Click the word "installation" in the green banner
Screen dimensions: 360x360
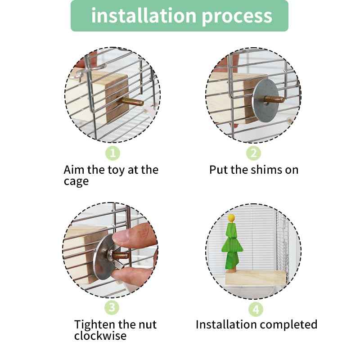tap(144, 15)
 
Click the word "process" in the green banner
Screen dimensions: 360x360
tap(237, 17)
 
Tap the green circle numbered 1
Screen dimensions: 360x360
tap(112, 153)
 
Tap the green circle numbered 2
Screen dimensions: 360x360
tap(253, 153)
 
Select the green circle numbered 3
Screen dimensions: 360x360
tap(112, 307)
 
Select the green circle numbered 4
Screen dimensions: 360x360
tap(256, 309)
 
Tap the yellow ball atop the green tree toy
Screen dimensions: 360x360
tap(231, 217)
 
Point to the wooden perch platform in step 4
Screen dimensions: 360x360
tap(255, 277)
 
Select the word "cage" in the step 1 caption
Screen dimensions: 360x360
tap(76, 182)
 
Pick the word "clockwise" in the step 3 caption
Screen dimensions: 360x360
tap(100, 336)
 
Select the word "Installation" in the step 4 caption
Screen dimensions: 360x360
tap(226, 324)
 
